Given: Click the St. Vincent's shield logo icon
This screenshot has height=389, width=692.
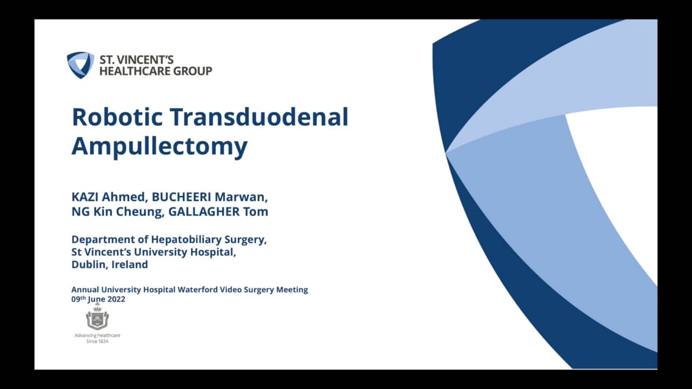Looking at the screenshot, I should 81,65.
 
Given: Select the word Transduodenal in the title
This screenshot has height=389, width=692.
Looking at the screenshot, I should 258,117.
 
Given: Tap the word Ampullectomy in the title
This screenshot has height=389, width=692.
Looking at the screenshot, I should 159,146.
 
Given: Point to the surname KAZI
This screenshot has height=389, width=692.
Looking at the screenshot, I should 85,197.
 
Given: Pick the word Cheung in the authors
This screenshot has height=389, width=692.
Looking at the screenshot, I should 141,211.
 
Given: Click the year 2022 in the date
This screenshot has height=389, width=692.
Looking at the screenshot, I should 115,299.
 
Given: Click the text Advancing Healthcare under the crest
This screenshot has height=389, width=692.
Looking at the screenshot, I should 97,336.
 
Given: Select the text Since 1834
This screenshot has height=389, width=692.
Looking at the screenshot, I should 97,341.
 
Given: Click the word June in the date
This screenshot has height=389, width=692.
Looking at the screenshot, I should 96,299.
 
